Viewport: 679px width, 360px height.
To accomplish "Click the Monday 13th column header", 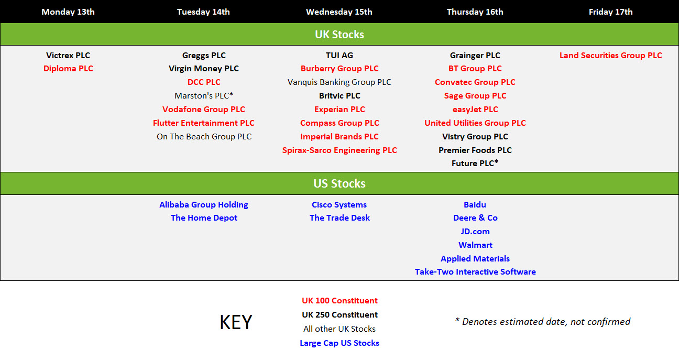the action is pos(68,12).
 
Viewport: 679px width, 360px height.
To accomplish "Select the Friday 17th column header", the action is pos(610,12).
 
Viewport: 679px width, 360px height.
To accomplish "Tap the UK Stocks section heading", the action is pos(340,34).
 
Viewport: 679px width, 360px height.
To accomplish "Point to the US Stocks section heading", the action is pos(340,183).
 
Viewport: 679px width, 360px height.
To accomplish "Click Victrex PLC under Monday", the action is pos(68,55).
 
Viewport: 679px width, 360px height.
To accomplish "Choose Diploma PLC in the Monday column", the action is pos(68,69).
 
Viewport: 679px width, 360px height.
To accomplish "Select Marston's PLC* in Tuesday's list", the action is pos(204,95).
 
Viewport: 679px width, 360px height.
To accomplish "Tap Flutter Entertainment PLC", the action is pos(204,123).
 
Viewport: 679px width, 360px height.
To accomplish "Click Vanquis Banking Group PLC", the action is pos(340,82).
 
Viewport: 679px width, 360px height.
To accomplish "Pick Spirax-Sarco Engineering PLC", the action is pos(340,150).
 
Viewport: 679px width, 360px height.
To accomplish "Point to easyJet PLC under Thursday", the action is pos(475,110).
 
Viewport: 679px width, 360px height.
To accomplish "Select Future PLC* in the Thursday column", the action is pos(475,163).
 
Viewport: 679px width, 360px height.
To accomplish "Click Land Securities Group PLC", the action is pos(610,55).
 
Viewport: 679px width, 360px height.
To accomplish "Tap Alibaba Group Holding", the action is pos(204,205).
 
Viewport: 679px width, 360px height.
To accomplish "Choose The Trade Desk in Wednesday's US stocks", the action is pos(340,218).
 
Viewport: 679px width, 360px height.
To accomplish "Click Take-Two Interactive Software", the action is pos(475,272).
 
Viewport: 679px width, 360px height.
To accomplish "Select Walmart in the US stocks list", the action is pos(475,245).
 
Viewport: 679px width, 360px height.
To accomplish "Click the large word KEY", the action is pos(236,322).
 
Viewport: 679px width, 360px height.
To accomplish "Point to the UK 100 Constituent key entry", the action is pos(340,301).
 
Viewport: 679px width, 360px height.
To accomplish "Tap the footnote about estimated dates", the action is pos(543,321).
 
